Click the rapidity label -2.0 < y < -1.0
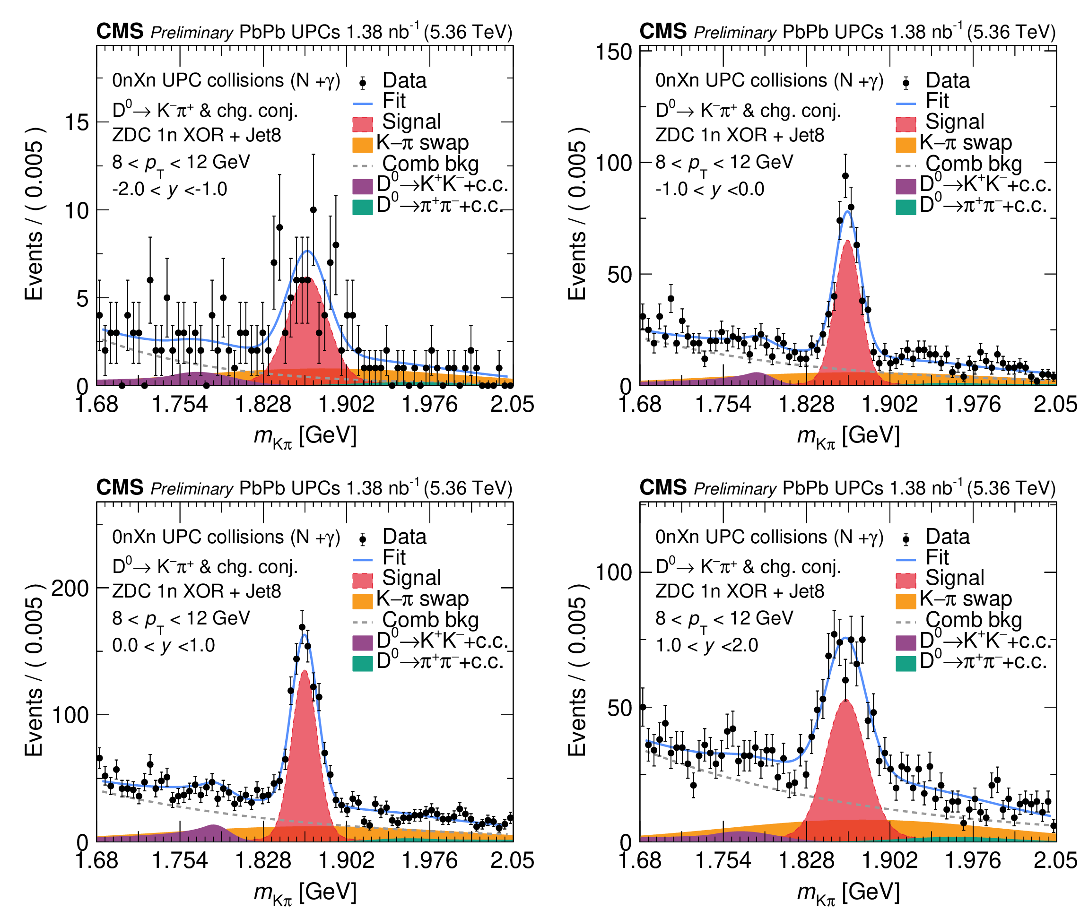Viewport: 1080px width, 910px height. pos(170,189)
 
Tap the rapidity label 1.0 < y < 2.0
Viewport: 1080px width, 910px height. pos(707,645)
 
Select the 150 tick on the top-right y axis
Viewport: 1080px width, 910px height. pos(614,52)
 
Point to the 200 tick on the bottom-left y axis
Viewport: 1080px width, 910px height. pos(70,588)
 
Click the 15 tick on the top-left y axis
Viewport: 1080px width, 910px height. pos(77,122)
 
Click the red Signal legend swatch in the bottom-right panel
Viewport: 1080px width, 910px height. pos(906,580)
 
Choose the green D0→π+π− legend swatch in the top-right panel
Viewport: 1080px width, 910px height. pos(906,207)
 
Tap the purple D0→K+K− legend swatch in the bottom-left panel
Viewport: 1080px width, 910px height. pos(362,642)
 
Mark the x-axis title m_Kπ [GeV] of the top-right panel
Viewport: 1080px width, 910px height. pos(848,436)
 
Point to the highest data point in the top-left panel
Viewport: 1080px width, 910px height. pos(313,210)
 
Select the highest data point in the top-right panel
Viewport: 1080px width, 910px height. pos(845,176)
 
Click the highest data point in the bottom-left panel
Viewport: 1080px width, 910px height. pos(302,628)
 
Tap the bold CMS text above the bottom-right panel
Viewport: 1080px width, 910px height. pos(662,487)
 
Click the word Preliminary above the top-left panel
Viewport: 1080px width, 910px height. pos(192,33)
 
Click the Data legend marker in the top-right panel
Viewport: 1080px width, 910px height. pos(906,83)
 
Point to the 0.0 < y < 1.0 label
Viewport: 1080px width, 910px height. pos(164,645)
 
